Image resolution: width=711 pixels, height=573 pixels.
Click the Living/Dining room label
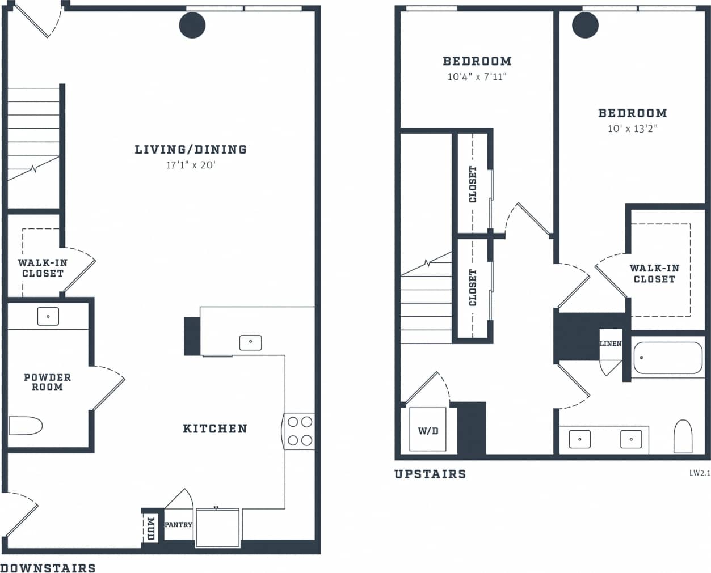(x=191, y=150)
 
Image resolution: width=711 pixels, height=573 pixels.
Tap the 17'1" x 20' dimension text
(x=191, y=165)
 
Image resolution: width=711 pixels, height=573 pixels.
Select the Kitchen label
(x=215, y=428)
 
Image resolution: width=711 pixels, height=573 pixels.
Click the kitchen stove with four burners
(x=299, y=431)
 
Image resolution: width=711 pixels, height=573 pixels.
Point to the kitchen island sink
(x=250, y=342)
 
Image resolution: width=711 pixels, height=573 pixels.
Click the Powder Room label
(x=47, y=381)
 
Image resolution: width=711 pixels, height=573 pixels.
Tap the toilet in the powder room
(x=26, y=426)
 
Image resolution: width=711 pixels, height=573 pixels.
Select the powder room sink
(x=48, y=316)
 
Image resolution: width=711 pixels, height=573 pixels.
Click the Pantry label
(x=178, y=525)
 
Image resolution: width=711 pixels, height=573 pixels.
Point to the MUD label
(x=150, y=528)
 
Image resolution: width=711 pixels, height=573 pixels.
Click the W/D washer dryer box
(x=428, y=430)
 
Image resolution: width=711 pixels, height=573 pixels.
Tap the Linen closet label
(x=611, y=343)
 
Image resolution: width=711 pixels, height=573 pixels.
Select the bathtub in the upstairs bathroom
(x=667, y=358)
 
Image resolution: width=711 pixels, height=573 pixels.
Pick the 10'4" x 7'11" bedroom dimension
(x=477, y=77)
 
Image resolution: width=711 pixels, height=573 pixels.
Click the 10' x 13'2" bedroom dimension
(x=633, y=129)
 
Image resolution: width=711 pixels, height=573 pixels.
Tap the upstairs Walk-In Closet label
(x=654, y=274)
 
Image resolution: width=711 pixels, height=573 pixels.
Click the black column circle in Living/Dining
(x=192, y=25)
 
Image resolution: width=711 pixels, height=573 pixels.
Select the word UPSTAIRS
(x=430, y=474)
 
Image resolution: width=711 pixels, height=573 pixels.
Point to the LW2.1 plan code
(x=699, y=473)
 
